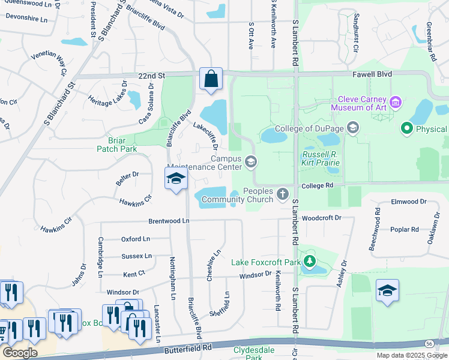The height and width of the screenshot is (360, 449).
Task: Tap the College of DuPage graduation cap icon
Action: [354, 128]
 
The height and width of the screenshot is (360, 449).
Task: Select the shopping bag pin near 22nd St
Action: [211, 79]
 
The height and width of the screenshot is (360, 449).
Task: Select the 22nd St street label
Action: [151, 76]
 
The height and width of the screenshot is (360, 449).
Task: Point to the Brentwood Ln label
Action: [169, 221]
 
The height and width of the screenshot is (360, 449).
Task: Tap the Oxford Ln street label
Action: [135, 239]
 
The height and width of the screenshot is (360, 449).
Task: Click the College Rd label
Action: [318, 186]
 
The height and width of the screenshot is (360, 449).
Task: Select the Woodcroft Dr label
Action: [321, 218]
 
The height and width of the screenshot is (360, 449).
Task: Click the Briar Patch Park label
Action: [118, 145]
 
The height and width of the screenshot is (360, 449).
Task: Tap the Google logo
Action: [20, 353]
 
